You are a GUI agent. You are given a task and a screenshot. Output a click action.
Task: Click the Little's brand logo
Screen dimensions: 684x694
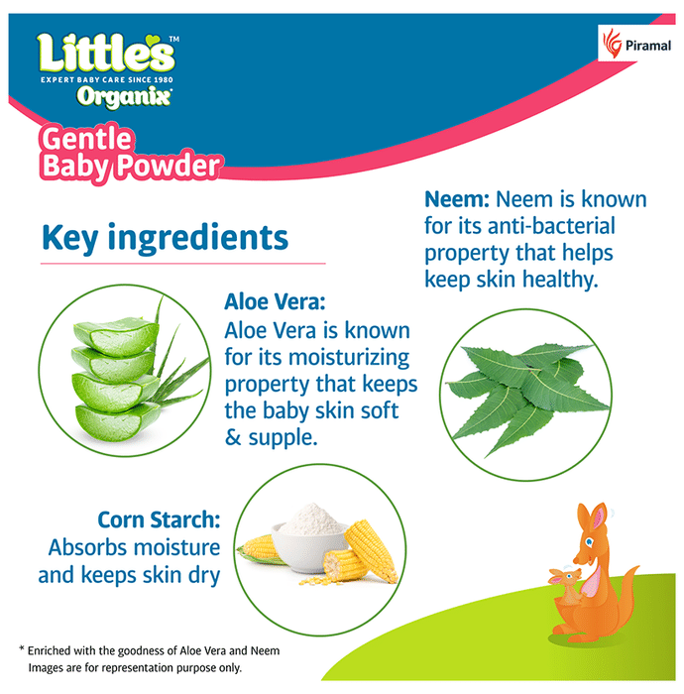point(107,54)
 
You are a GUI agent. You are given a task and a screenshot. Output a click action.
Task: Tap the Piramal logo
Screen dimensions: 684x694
point(636,44)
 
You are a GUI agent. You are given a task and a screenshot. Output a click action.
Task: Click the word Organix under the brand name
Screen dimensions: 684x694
point(124,96)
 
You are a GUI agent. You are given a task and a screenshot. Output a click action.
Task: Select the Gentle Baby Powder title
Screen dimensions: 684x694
point(131,153)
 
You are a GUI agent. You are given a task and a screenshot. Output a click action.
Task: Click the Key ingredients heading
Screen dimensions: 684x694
point(165,239)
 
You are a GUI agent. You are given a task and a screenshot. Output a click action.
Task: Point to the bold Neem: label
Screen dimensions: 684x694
point(457,199)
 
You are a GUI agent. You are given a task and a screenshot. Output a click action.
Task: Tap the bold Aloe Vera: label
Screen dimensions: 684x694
point(275,302)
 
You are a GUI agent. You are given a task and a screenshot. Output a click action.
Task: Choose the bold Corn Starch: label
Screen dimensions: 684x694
point(159,520)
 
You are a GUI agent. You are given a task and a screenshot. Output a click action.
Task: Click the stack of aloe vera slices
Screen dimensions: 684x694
point(116,380)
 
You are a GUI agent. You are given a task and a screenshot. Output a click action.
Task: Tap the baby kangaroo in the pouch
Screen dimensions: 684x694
point(566,583)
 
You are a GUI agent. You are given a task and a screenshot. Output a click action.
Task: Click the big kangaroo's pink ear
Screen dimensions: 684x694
point(599,517)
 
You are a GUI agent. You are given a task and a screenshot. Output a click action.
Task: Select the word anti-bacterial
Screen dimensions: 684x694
point(551,226)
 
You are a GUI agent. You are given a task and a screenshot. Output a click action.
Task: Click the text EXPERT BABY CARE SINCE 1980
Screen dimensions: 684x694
point(107,79)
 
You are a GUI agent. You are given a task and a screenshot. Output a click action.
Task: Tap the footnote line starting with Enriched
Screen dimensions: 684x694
point(150,650)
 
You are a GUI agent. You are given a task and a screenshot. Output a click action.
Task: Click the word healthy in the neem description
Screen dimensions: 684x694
point(560,281)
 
